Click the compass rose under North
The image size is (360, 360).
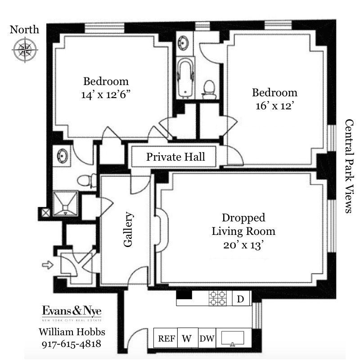coord(25,49)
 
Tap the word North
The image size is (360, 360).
coord(24,30)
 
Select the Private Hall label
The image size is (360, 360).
coord(175,157)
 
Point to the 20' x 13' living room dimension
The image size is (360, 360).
coord(243,245)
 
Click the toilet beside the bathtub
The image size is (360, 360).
coord(209,89)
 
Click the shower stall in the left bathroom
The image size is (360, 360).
coord(65,202)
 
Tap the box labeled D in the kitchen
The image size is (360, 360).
coord(241,298)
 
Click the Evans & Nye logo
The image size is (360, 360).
coord(72,312)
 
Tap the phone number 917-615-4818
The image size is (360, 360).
coord(72,345)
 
